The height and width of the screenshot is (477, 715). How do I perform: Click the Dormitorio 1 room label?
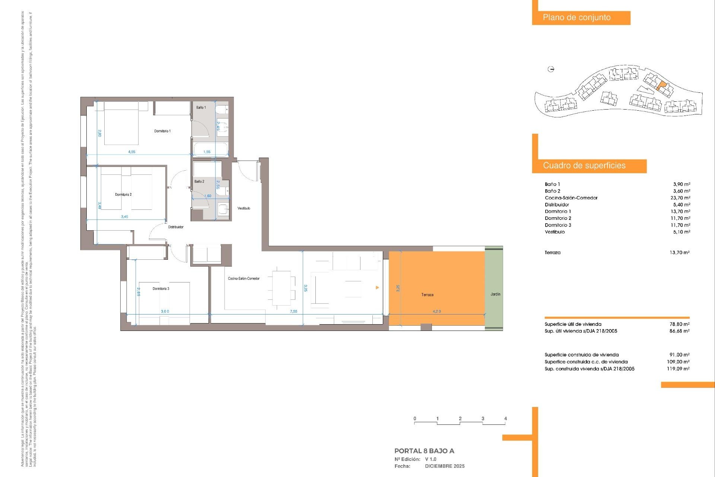(162, 131)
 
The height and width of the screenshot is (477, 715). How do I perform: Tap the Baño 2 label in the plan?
(199, 181)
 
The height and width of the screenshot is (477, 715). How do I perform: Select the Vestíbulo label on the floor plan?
(244, 208)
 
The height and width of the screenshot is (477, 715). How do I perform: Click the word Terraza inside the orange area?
(427, 295)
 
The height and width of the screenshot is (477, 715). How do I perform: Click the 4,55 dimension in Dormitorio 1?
(131, 152)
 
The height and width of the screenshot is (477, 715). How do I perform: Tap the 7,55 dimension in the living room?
(293, 312)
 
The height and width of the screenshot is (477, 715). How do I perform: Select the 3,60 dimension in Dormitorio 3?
(165, 312)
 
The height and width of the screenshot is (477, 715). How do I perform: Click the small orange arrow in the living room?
(377, 288)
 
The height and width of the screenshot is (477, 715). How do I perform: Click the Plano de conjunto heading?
(576, 18)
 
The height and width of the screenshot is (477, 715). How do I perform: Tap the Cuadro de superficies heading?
(584, 166)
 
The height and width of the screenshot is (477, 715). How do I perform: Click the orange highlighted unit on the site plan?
(661, 86)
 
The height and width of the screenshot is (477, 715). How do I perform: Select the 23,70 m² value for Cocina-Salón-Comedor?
(680, 198)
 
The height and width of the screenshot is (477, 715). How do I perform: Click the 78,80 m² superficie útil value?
(679, 324)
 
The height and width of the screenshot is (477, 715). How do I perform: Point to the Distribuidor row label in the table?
(557, 205)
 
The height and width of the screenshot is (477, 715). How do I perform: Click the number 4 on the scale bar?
(505, 418)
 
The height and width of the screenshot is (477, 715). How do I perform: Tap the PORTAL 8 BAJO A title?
(424, 451)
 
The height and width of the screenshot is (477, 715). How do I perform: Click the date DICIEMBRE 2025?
(445, 466)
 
